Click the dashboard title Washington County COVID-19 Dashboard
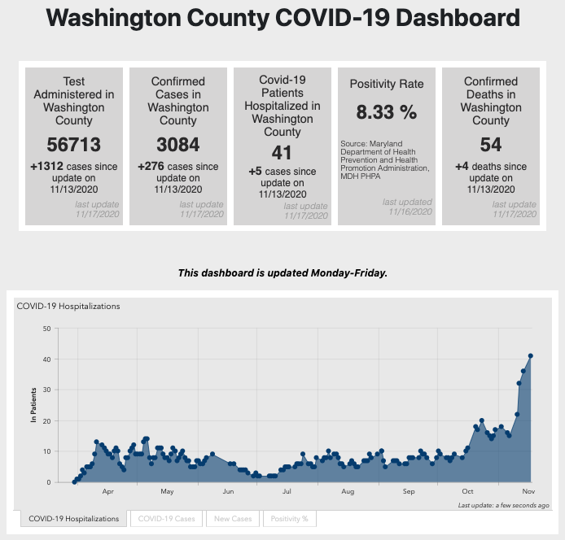pos(282,17)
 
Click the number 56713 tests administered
pos(74,145)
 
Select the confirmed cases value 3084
pos(178,145)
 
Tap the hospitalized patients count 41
pos(282,151)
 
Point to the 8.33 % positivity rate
pos(386,111)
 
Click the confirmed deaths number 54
pos(491,145)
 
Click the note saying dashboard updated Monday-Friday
pos(282,272)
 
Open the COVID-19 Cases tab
pos(167,518)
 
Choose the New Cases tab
pos(233,518)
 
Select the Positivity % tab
pos(289,518)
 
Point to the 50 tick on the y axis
pos(46,329)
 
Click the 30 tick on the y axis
pos(46,390)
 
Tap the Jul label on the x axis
pos(287,492)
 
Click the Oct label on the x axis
pos(467,492)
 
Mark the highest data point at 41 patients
pos(531,355)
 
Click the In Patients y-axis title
pos(34,406)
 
